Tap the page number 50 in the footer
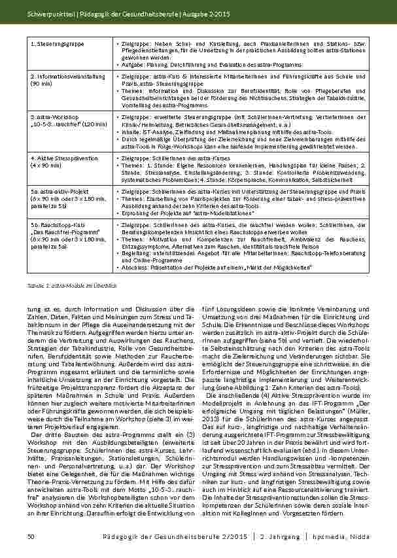point(31,536)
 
